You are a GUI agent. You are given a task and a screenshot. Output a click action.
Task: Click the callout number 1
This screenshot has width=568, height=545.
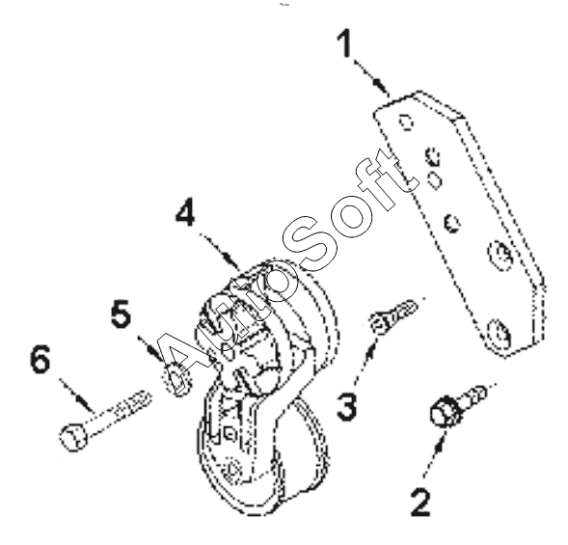point(344,43)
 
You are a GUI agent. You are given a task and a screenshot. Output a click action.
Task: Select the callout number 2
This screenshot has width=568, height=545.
point(420,502)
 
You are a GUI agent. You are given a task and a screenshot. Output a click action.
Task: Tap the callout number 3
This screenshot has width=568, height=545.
point(346,407)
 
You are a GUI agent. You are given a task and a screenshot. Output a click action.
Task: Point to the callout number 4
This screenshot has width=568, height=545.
point(185,212)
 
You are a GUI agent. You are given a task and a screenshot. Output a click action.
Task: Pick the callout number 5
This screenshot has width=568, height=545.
point(121,313)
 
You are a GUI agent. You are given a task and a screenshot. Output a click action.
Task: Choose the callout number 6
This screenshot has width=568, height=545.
point(40,359)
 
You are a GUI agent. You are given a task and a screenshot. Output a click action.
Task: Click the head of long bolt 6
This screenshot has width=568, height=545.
point(73,437)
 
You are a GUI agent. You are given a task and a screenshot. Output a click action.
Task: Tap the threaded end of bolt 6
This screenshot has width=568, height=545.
point(134,402)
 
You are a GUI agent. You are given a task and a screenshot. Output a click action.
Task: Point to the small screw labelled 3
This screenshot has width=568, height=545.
point(393,314)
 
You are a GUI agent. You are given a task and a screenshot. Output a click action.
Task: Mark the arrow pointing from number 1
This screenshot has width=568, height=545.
point(371,78)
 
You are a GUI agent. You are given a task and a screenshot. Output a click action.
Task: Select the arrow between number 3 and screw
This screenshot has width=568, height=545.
point(365,361)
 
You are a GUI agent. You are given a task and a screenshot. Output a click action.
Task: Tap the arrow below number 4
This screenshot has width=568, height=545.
point(220,252)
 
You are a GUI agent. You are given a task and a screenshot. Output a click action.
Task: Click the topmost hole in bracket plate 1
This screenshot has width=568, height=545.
point(406,123)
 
